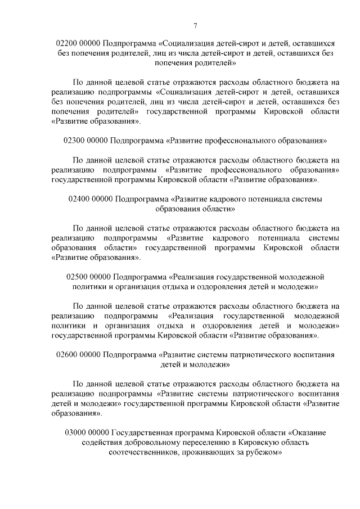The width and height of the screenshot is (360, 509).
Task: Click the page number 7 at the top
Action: (x=195, y=26)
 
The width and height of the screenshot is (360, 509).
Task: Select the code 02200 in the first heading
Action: (x=68, y=43)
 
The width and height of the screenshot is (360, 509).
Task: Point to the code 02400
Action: (x=79, y=199)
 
